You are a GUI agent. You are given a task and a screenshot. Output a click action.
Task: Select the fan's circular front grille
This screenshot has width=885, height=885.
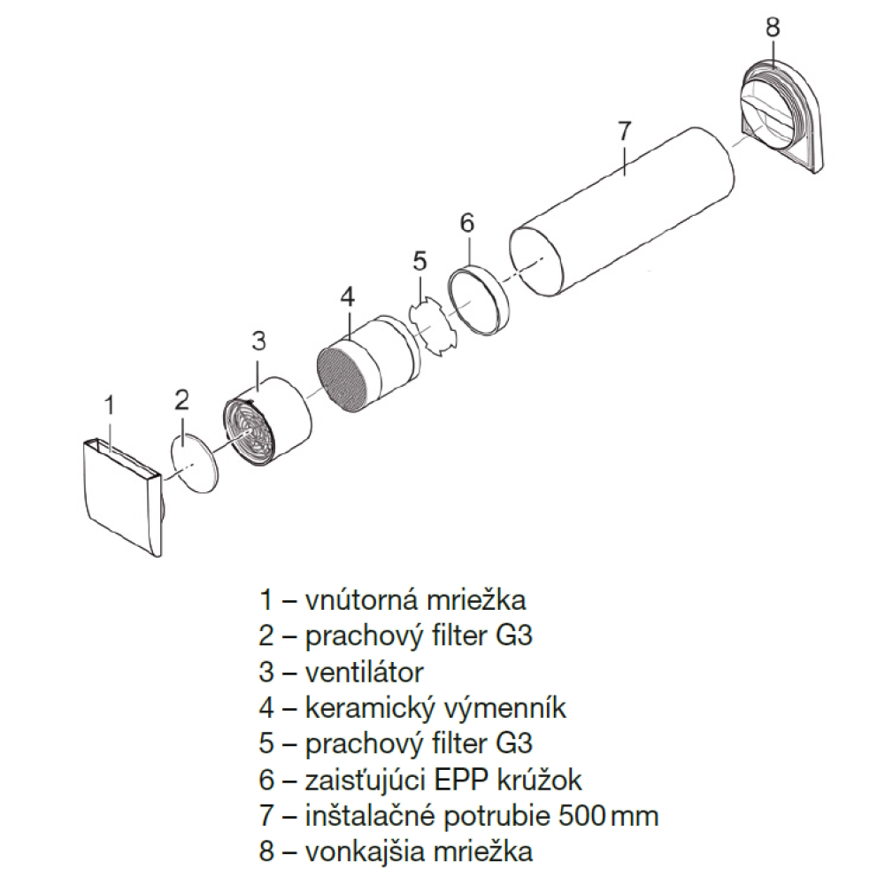(249, 433)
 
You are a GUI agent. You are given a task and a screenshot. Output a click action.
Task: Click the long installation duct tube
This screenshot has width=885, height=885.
(622, 212)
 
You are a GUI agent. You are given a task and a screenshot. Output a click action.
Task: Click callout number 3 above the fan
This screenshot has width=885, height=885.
(258, 341)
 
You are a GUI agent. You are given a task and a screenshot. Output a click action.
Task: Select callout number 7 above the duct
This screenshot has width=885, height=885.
(623, 131)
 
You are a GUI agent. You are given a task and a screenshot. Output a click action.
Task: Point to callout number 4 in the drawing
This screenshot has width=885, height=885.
(348, 296)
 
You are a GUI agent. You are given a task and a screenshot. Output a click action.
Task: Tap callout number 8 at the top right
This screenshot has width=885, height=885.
(772, 27)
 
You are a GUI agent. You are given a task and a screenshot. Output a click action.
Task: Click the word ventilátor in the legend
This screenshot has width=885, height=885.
(364, 673)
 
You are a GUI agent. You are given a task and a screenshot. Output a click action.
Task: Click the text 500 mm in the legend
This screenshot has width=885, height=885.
(609, 816)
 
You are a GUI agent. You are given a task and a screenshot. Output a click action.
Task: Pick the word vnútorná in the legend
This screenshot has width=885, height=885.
(361, 600)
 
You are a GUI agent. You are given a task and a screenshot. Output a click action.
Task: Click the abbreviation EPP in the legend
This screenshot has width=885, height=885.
(463, 781)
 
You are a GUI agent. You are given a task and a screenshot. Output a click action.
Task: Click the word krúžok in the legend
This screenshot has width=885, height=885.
(540, 780)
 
